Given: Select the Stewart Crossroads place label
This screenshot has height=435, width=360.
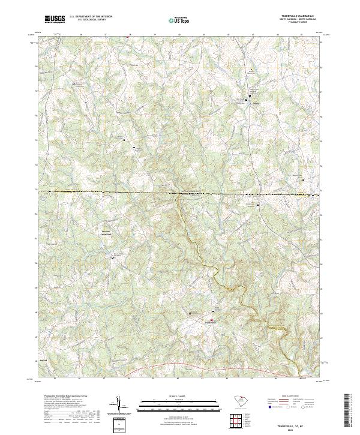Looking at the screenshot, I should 104,231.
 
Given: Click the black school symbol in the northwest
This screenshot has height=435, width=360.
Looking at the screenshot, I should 74,85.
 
